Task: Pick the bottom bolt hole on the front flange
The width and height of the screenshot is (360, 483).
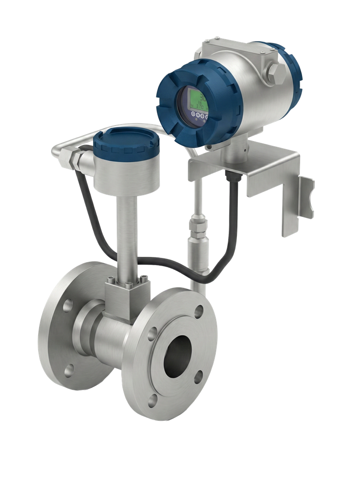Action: click(153, 399)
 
